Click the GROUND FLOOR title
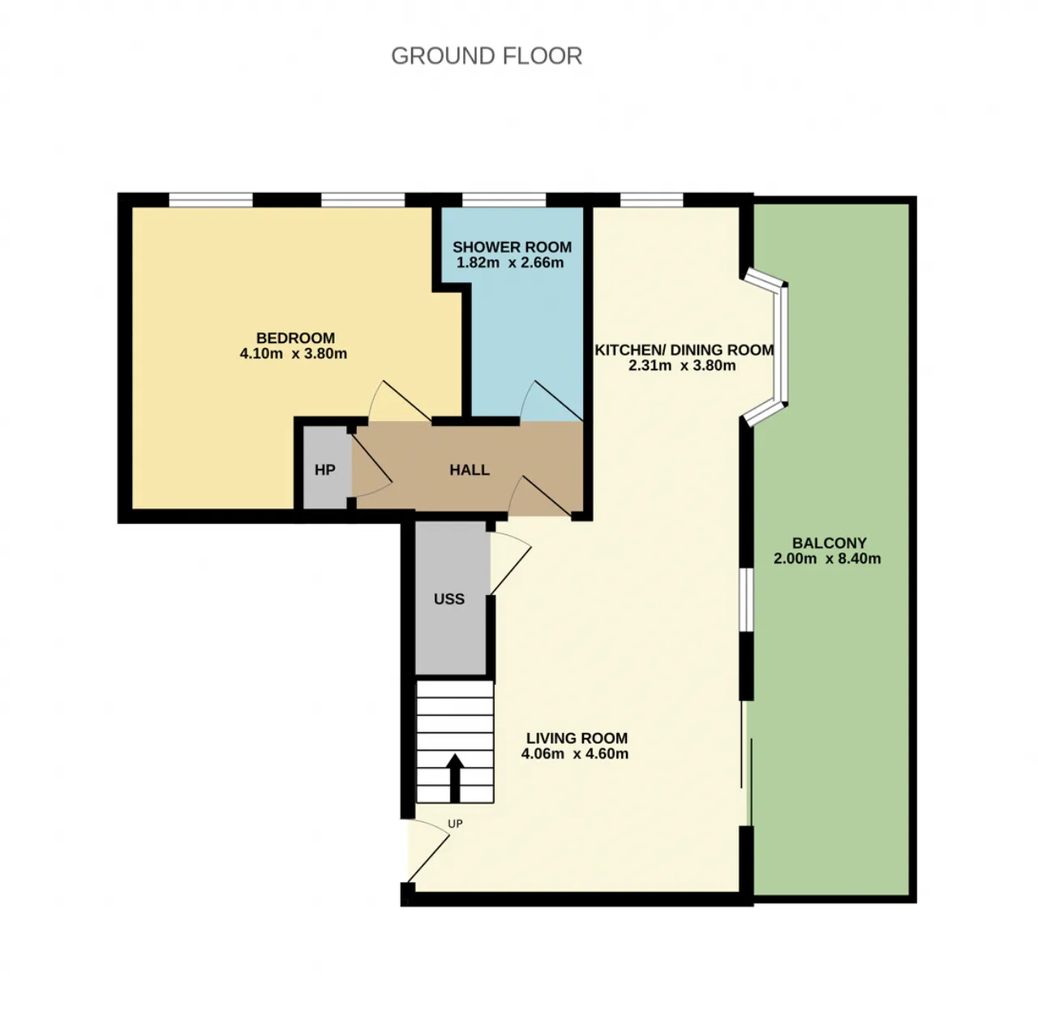(x=487, y=56)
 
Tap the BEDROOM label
(x=295, y=338)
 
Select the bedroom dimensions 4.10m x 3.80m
(x=294, y=354)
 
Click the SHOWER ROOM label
(x=512, y=247)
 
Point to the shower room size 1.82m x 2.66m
(x=510, y=263)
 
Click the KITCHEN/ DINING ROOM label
(x=684, y=350)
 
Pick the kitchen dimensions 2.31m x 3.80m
(x=682, y=366)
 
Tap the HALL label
(x=470, y=470)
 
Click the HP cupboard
(x=325, y=467)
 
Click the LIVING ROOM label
(x=577, y=738)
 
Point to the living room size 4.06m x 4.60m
(x=575, y=753)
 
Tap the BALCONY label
(x=830, y=543)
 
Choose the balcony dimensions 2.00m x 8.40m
(x=827, y=559)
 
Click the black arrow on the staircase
(x=455, y=778)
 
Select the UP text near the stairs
(x=455, y=824)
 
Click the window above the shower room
(x=504, y=200)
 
